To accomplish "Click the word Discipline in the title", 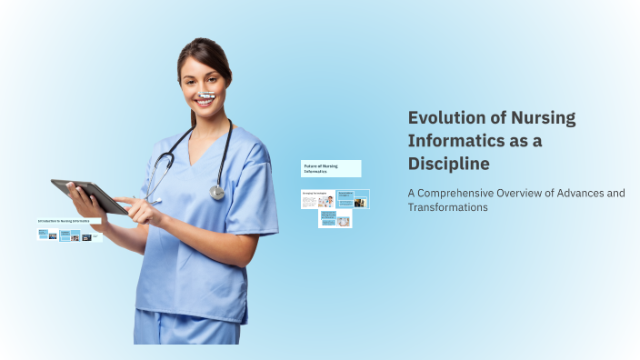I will (x=448, y=164).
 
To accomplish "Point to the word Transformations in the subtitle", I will (x=447, y=207).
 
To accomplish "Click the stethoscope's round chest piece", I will (x=216, y=192).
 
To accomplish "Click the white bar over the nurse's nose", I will (x=207, y=95).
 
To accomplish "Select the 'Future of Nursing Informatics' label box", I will (x=331, y=168).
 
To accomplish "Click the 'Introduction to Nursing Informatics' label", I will (x=69, y=221).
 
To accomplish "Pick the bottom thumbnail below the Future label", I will (x=335, y=220).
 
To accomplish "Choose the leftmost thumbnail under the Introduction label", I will (x=43, y=235).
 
